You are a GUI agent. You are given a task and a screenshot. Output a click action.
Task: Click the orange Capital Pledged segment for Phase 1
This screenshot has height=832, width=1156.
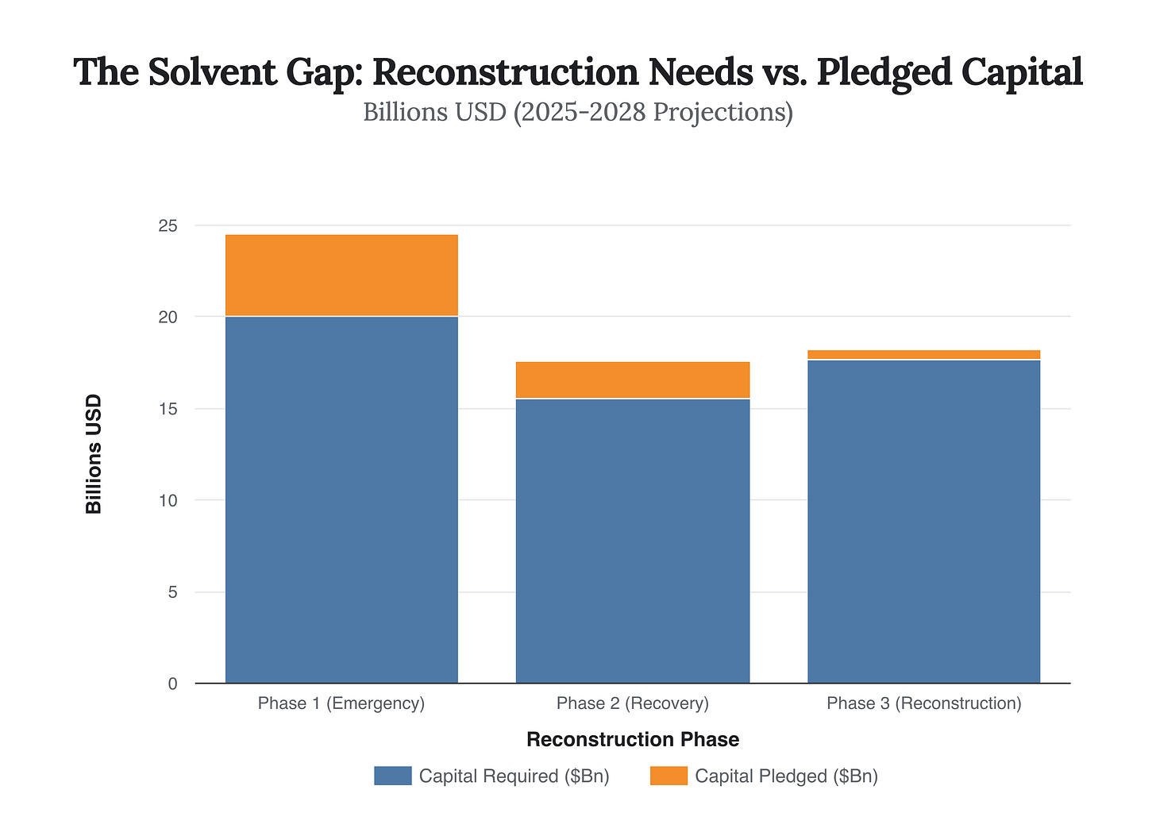click(x=341, y=275)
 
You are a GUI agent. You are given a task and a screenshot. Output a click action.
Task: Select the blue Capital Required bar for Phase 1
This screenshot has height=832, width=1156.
click(x=341, y=500)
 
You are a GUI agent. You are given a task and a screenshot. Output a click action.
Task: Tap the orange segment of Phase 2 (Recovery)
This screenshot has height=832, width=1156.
click(x=633, y=379)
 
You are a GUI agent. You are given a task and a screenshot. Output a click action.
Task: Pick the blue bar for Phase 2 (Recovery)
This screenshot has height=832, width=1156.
click(x=633, y=541)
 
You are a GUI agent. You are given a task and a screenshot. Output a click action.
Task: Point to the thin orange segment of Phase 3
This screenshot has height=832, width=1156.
click(x=923, y=354)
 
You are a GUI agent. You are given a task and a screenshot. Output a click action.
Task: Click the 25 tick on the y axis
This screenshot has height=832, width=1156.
click(x=168, y=226)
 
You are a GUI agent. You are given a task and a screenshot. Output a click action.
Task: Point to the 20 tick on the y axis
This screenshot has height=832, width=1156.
click(x=168, y=317)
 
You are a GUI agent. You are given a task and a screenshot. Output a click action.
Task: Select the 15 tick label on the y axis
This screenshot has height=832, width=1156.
click(x=168, y=409)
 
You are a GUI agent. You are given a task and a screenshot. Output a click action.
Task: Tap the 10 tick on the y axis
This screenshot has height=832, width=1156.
click(x=168, y=500)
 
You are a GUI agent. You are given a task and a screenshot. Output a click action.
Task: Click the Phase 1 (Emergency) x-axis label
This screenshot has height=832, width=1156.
click(x=341, y=703)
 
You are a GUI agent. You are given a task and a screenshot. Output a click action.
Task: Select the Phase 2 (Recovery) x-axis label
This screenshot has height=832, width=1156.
click(x=633, y=703)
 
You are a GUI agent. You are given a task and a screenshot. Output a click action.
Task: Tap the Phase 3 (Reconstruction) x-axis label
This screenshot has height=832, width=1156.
click(x=923, y=703)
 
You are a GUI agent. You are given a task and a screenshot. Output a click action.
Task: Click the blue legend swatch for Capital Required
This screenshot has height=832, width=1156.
click(x=392, y=776)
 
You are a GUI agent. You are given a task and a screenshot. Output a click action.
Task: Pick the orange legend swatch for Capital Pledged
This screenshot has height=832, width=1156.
click(x=669, y=776)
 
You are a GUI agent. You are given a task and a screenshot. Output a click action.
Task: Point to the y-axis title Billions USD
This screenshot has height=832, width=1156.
click(x=94, y=454)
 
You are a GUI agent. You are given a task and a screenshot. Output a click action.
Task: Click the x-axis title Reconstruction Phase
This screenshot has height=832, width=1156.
click(x=633, y=740)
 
